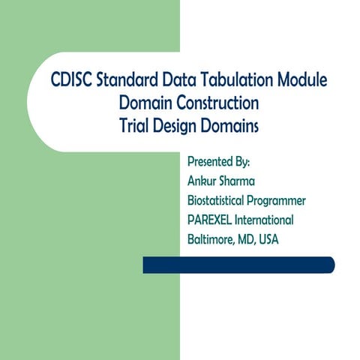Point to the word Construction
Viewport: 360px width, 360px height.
pyautogui.click(x=217, y=102)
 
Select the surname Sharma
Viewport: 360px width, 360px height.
pyautogui.click(x=248, y=181)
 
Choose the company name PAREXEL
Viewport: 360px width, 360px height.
pyautogui.click(x=214, y=220)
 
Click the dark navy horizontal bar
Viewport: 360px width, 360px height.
pyautogui.click(x=238, y=265)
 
